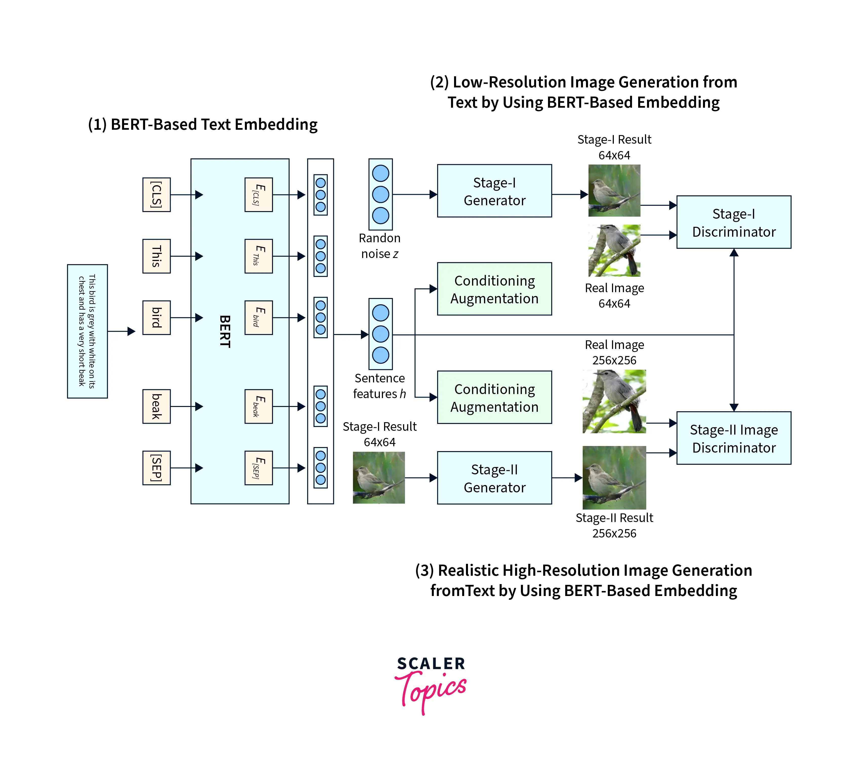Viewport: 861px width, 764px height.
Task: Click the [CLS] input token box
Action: [x=156, y=195]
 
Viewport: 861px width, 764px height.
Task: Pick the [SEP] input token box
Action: [x=156, y=468]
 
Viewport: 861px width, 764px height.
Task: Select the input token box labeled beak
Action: [x=156, y=406]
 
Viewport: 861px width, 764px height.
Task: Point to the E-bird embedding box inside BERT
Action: [x=258, y=317]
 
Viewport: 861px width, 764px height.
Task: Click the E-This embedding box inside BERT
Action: [x=258, y=256]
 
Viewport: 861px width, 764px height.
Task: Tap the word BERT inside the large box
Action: [x=225, y=331]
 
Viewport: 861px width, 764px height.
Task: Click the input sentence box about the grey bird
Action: [x=87, y=331]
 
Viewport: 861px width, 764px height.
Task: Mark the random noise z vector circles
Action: [x=380, y=194]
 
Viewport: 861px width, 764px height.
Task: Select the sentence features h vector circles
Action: [x=380, y=334]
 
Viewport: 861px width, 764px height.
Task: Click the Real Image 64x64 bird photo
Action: [x=614, y=251]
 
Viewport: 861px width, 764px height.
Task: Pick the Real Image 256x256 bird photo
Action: [x=614, y=401]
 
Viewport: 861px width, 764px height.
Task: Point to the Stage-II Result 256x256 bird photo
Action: [x=614, y=477]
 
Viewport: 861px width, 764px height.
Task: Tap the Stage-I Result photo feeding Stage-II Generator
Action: [x=379, y=477]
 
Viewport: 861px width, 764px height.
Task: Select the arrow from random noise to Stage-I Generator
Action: [x=415, y=194]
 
